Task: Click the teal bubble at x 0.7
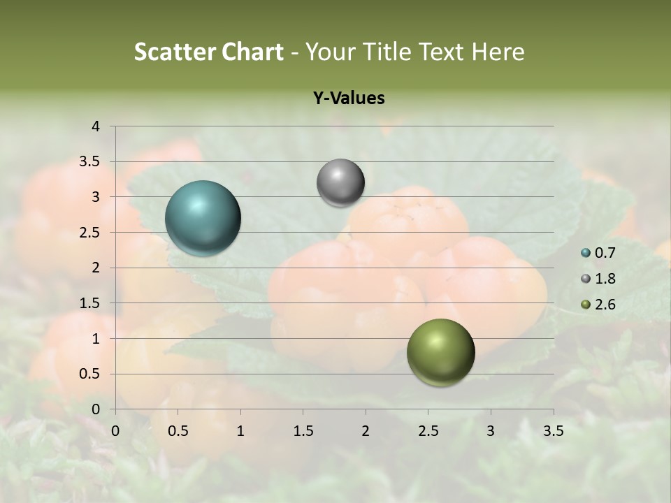(x=203, y=218)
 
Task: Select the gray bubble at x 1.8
(x=340, y=183)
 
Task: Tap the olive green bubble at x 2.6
(x=440, y=352)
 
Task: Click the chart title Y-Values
(x=349, y=99)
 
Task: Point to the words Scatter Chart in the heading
(x=208, y=52)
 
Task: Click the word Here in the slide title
(x=497, y=52)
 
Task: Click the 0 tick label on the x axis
(x=115, y=431)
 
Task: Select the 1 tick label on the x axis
(x=240, y=431)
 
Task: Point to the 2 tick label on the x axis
(x=366, y=431)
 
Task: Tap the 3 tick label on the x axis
(x=491, y=431)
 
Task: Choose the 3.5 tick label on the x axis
(x=553, y=431)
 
